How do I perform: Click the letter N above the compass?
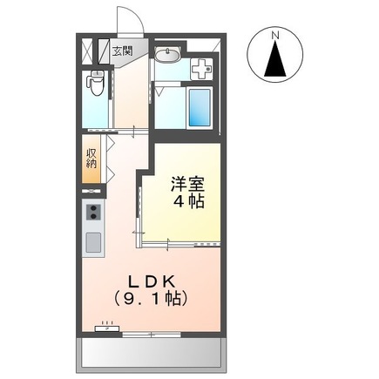coord(275,35)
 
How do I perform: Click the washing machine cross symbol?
coord(202,66)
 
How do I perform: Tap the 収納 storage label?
coord(92,159)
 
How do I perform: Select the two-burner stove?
coord(93,214)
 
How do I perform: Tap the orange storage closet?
coord(92,159)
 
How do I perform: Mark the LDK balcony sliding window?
coord(152,335)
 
